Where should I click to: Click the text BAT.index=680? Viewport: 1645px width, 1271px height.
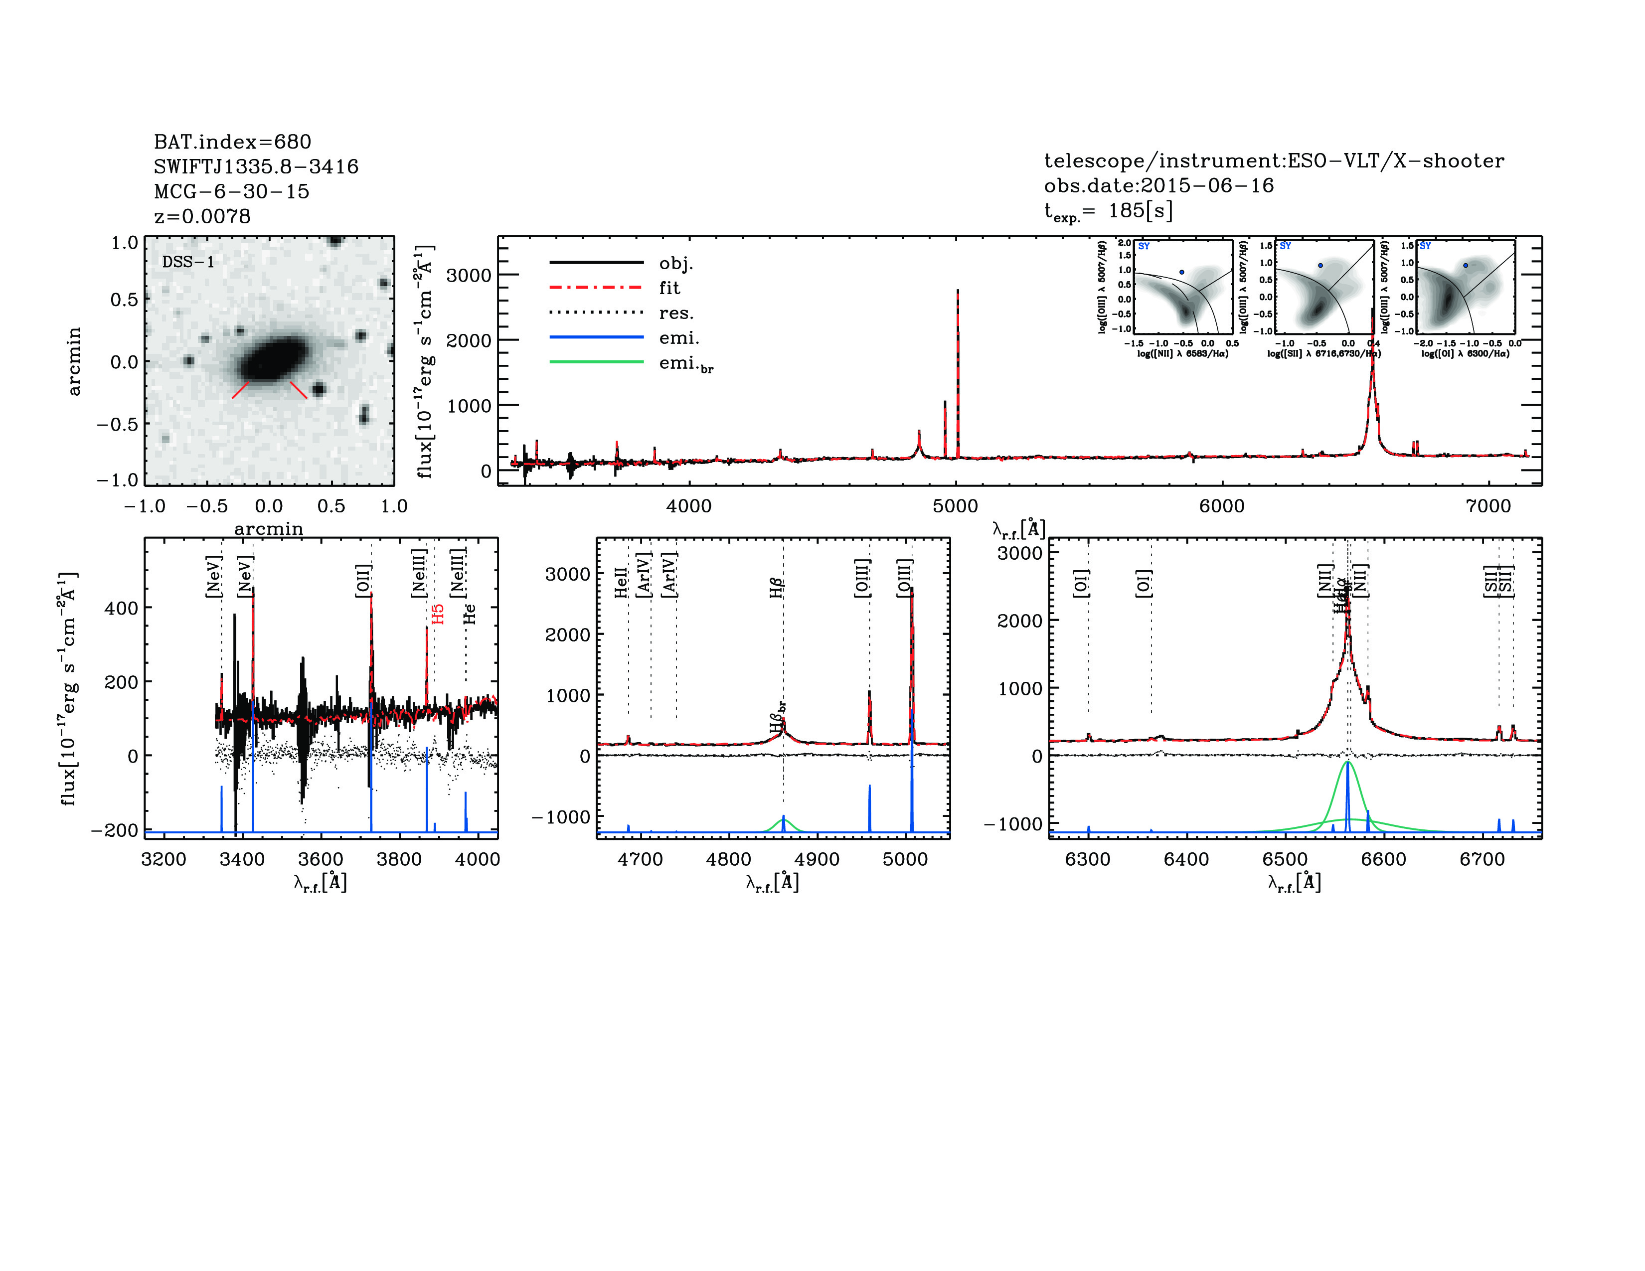(232, 142)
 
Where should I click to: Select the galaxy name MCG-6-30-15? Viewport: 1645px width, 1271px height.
(231, 191)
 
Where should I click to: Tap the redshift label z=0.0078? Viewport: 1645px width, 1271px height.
(202, 216)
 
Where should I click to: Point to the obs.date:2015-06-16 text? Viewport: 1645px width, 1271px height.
(1158, 185)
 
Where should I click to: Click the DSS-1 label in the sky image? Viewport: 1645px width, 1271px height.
(188, 262)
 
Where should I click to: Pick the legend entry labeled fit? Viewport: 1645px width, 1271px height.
(669, 288)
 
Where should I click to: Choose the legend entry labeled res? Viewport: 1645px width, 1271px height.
(675, 313)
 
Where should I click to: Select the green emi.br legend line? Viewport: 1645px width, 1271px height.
(597, 362)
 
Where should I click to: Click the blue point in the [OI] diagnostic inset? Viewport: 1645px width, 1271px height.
(1465, 265)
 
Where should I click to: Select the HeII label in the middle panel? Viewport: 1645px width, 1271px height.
(621, 583)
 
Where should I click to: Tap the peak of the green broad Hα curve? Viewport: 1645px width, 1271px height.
(1347, 762)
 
